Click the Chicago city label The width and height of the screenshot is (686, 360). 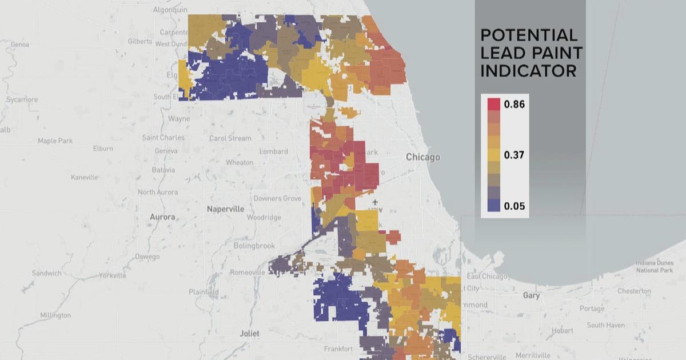[423, 157]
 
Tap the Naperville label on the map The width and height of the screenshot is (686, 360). [225, 209]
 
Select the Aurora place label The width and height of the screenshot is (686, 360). [162, 217]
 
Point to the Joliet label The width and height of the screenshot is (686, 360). [249, 333]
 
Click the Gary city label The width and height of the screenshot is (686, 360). [531, 295]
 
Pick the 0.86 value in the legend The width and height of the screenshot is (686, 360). [514, 105]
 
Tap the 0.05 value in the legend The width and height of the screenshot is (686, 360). [514, 206]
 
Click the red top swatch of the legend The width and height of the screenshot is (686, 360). [493, 104]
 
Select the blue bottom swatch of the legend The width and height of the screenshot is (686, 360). [493, 206]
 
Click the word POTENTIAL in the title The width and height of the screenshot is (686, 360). [529, 35]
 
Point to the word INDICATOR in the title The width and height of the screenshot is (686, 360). [528, 71]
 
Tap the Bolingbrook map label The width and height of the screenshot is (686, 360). [254, 246]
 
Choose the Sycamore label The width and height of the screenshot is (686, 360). [21, 99]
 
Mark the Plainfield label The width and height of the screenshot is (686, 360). [204, 292]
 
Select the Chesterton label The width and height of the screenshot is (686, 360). [634, 291]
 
